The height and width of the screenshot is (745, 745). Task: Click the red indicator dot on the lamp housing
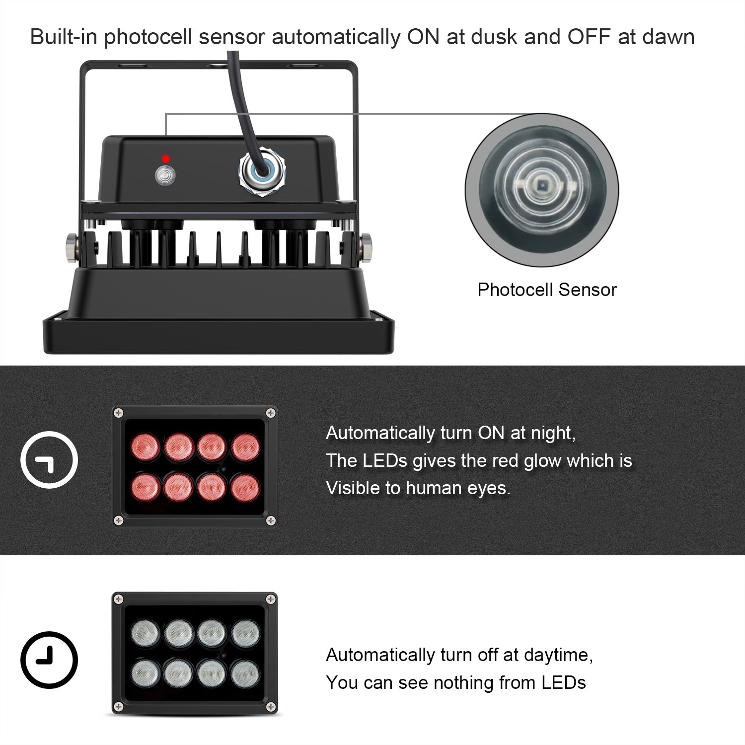click(166, 158)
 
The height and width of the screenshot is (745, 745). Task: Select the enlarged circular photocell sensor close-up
click(542, 190)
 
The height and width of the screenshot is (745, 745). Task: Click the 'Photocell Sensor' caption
click(547, 290)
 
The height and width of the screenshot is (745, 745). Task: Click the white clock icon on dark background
click(49, 460)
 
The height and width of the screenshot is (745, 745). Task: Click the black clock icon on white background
click(49, 660)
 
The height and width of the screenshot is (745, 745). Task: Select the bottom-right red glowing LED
click(245, 487)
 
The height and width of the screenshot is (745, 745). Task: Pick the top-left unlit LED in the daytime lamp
click(145, 633)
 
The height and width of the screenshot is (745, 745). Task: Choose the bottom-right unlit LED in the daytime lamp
click(245, 673)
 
